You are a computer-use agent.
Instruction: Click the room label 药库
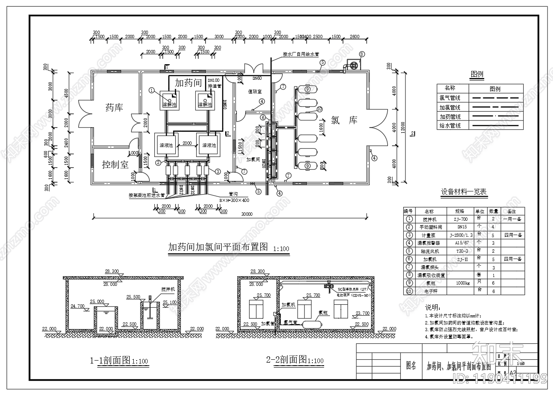pos(114,108)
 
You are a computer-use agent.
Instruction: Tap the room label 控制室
pos(115,165)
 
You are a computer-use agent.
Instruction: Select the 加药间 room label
pos(188,83)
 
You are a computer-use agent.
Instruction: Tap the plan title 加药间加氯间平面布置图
pos(218,247)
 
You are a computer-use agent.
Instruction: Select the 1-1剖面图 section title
pos(110,360)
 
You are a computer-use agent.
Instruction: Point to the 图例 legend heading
pos(477,75)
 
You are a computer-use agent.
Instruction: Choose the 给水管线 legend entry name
pos(450,126)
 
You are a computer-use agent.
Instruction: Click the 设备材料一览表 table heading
pos(464,192)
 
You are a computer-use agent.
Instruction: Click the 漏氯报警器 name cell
pos(429,243)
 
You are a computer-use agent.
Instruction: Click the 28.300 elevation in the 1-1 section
pos(112,271)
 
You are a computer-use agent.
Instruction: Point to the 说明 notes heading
pos(433,308)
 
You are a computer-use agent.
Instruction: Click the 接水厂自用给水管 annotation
pos(301,54)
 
